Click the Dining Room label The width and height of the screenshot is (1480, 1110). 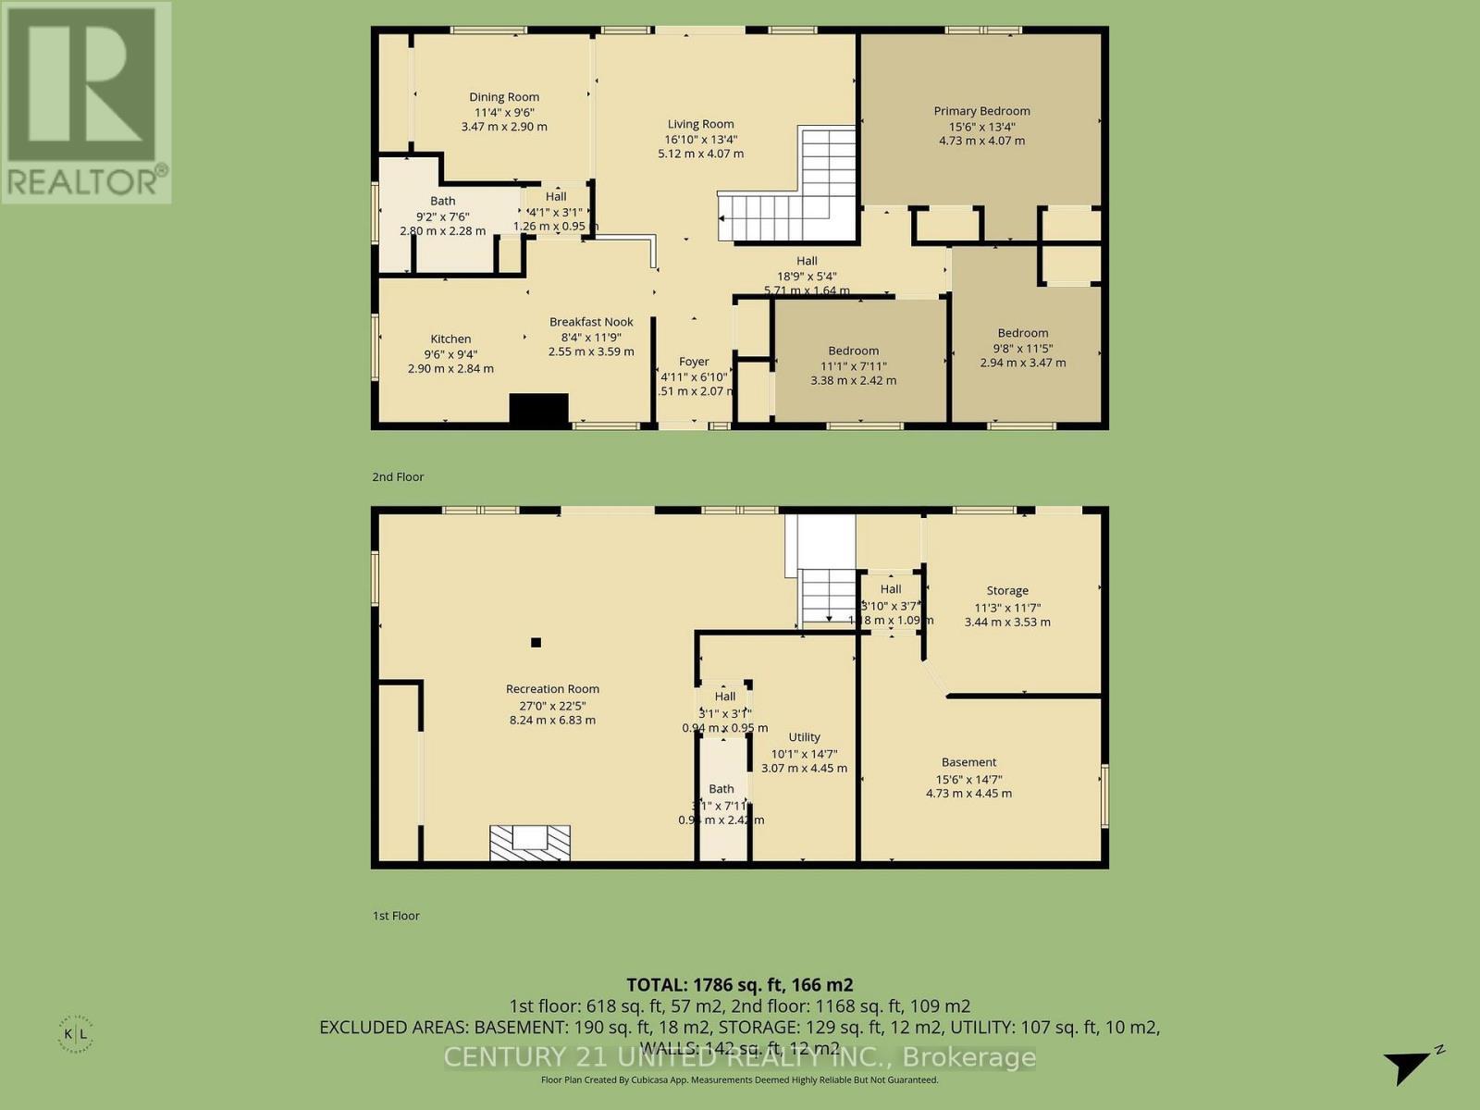pyautogui.click(x=504, y=97)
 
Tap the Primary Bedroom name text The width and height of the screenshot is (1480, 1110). pyautogui.click(x=981, y=111)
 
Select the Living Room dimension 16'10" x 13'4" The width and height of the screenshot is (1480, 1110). pyautogui.click(x=700, y=140)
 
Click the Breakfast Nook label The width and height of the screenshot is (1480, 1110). pyautogui.click(x=591, y=322)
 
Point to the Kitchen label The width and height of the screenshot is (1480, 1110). pyautogui.click(x=450, y=339)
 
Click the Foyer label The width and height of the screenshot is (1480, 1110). pyautogui.click(x=694, y=362)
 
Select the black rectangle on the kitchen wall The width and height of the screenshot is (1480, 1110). pyautogui.click(x=539, y=410)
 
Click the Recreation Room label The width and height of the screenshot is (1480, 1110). pyautogui.click(x=552, y=689)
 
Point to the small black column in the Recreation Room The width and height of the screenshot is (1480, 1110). pyautogui.click(x=536, y=643)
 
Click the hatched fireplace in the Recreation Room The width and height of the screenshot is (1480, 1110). pyautogui.click(x=530, y=843)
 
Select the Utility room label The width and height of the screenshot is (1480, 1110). pyautogui.click(x=804, y=737)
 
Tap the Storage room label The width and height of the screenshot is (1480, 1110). pyautogui.click(x=1007, y=591)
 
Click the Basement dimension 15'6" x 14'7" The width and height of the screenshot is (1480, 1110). pyautogui.click(x=968, y=780)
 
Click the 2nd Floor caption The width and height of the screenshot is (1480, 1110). pyautogui.click(x=398, y=477)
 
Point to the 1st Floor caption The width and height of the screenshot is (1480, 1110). pyautogui.click(x=396, y=916)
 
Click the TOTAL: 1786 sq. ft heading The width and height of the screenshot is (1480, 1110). pyautogui.click(x=739, y=985)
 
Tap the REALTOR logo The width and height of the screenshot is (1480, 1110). pyautogui.click(x=85, y=102)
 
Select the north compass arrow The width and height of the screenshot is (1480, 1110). pyautogui.click(x=1410, y=1066)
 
